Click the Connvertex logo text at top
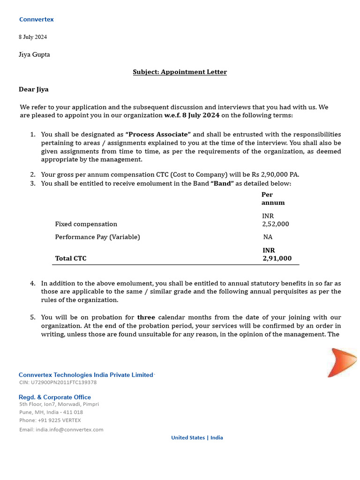click(x=36, y=20)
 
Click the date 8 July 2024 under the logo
click(x=33, y=37)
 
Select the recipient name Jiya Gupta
click(x=34, y=54)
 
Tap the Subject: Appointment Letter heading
click(x=180, y=72)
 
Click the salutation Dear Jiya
click(x=33, y=89)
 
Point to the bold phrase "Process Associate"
click(x=158, y=135)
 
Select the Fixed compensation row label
click(x=86, y=224)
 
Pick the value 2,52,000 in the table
click(x=276, y=224)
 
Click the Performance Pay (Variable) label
click(x=97, y=237)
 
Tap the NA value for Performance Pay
click(x=268, y=237)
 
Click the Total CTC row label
click(x=71, y=258)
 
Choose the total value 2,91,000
click(x=277, y=258)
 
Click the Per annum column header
click(x=273, y=199)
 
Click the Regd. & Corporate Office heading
click(x=55, y=397)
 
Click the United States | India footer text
click(x=197, y=438)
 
